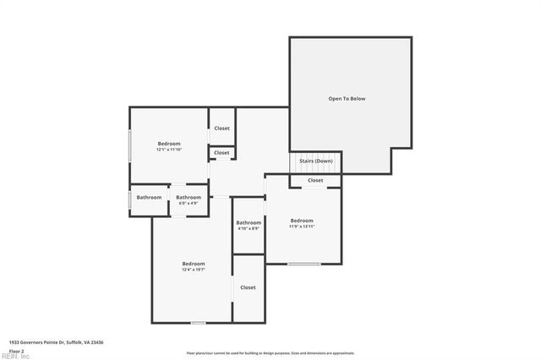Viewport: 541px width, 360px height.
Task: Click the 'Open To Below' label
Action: [347, 99]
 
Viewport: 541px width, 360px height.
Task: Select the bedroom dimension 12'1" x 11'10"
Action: [168, 150]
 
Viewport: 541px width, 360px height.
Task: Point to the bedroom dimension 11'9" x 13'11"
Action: [302, 226]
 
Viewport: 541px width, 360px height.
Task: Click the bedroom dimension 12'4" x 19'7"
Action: [193, 270]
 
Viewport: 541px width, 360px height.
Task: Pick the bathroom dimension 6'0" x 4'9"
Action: [188, 203]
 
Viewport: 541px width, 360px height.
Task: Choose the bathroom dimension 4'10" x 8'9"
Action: [249, 228]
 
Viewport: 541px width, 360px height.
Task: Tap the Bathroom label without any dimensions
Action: [150, 198]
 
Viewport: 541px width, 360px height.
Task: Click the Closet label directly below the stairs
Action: [315, 180]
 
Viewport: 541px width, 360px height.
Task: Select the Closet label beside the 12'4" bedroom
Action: [248, 287]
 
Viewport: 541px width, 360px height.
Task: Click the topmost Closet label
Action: [221, 128]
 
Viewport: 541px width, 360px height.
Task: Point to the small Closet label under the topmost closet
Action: [221, 153]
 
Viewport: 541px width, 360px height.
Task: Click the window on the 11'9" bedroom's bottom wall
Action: [303, 264]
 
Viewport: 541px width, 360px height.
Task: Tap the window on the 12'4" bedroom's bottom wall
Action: [198, 322]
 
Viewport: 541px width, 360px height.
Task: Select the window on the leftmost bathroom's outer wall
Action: [129, 199]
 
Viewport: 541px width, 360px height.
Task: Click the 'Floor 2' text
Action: [17, 350]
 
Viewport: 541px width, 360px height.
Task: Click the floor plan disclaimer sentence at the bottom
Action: [270, 353]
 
